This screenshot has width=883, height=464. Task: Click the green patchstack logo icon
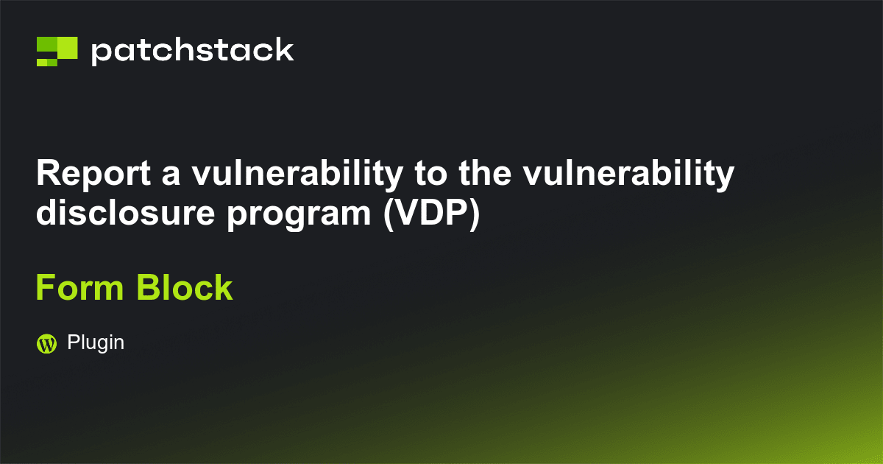(57, 51)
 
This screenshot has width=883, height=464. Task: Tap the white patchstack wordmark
(192, 52)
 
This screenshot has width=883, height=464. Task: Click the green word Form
(79, 287)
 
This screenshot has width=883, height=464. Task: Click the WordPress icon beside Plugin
(47, 343)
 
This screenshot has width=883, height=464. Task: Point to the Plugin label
(96, 342)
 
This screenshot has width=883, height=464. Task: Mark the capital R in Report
(47, 174)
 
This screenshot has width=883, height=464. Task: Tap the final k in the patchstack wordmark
(285, 50)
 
